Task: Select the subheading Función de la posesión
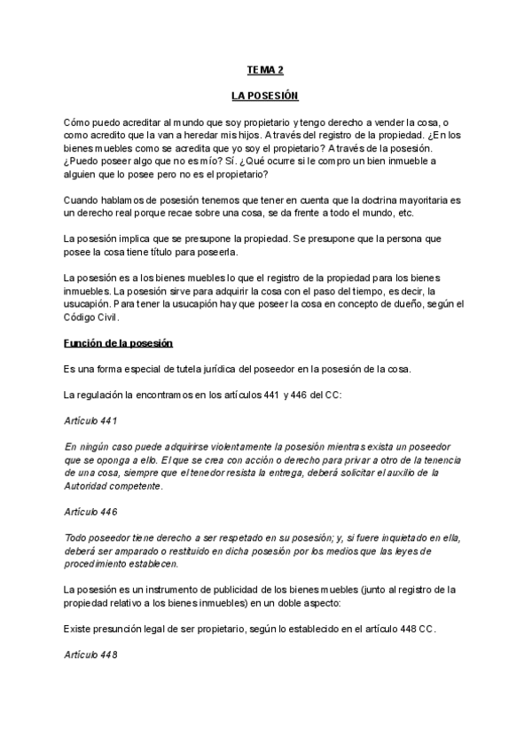pyautogui.click(x=117, y=342)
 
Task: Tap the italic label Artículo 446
pyautogui.click(x=91, y=513)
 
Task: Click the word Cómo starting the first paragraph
pyautogui.click(x=78, y=121)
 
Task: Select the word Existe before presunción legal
pyautogui.click(x=80, y=628)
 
